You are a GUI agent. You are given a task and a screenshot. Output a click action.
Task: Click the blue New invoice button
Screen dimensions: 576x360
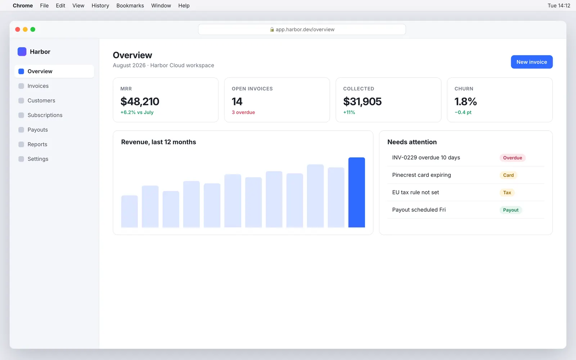pyautogui.click(x=531, y=62)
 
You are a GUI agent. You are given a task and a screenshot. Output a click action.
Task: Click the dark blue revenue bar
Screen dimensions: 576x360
pyautogui.click(x=356, y=192)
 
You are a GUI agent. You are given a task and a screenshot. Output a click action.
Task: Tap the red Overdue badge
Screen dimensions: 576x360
pyautogui.click(x=513, y=158)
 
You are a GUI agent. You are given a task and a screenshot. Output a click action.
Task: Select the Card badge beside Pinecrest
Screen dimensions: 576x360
pyautogui.click(x=508, y=175)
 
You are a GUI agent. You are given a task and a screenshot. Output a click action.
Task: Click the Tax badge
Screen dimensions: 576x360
pyautogui.click(x=507, y=193)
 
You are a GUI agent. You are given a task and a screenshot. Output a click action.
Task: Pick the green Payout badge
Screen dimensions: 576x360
pyautogui.click(x=511, y=210)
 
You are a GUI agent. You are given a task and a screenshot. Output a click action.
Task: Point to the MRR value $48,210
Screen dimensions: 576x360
pyautogui.click(x=140, y=102)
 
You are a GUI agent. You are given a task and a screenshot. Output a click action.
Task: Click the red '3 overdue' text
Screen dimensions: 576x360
pyautogui.click(x=243, y=112)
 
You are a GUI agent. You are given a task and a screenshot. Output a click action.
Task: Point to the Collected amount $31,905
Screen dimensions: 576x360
pyautogui.click(x=362, y=102)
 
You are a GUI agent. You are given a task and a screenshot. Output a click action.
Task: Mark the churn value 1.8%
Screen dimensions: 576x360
pyautogui.click(x=466, y=102)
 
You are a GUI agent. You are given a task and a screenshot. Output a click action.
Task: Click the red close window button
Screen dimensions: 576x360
pyautogui.click(x=18, y=30)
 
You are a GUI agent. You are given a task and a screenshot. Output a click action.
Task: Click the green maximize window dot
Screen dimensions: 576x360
pyautogui.click(x=33, y=30)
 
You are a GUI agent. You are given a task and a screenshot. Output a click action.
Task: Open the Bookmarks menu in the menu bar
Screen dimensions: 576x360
pyautogui.click(x=130, y=6)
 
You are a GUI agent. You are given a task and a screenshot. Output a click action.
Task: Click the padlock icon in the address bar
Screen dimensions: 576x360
pyautogui.click(x=272, y=30)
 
